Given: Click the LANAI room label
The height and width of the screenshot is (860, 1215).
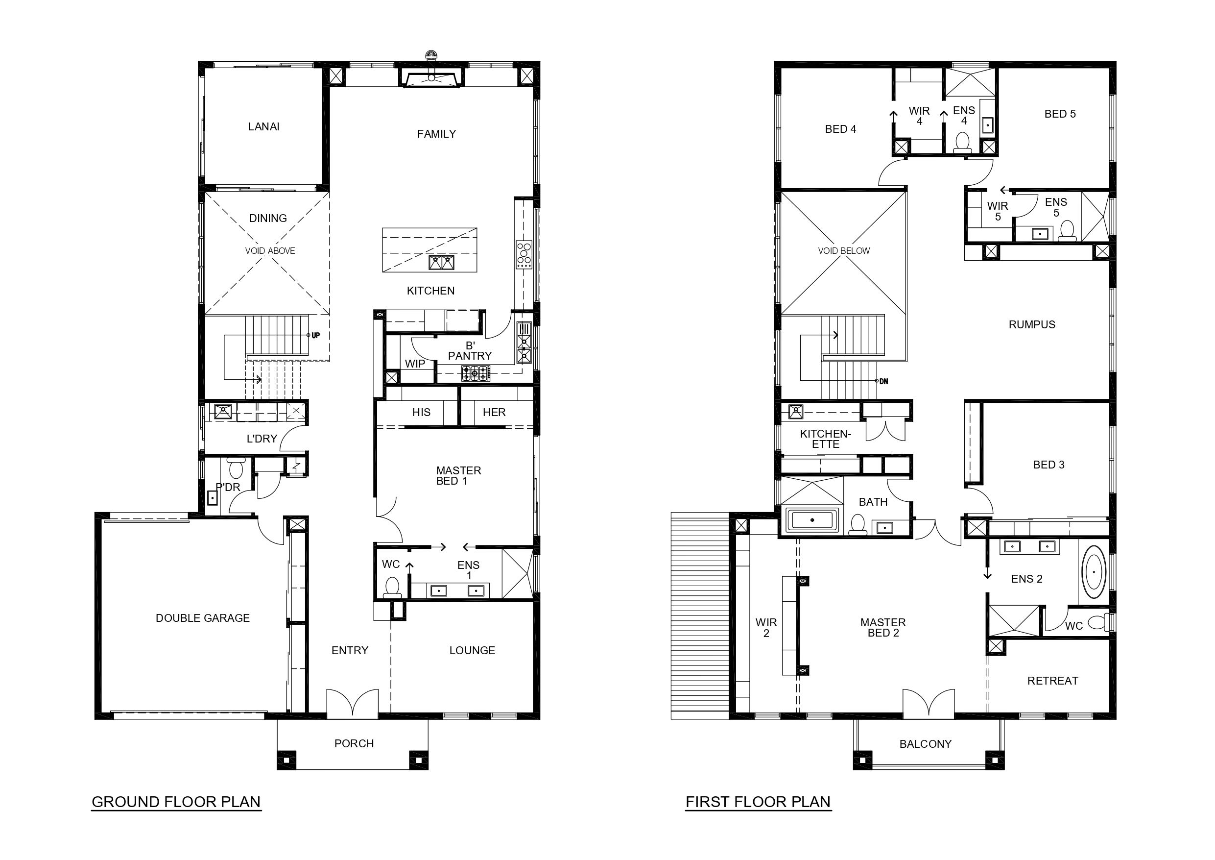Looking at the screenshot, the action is pyautogui.click(x=263, y=126).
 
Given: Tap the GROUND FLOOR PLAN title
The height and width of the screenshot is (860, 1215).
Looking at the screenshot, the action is pyautogui.click(x=176, y=802).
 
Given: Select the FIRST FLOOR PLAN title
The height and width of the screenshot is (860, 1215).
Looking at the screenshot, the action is pyautogui.click(x=758, y=802).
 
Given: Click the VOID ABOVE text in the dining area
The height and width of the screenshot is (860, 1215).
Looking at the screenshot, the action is pyautogui.click(x=270, y=251).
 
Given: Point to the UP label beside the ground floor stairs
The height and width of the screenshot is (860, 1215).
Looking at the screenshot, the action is pyautogui.click(x=315, y=335).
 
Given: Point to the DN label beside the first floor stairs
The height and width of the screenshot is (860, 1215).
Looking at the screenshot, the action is pyautogui.click(x=884, y=381).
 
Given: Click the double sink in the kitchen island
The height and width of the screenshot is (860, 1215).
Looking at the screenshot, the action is pyautogui.click(x=441, y=262).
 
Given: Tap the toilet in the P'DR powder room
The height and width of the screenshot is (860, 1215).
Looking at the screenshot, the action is pyautogui.click(x=236, y=468).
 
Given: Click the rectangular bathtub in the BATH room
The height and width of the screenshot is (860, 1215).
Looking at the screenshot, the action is pyautogui.click(x=812, y=520).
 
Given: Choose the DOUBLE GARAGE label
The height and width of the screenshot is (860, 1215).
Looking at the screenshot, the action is pyautogui.click(x=203, y=618).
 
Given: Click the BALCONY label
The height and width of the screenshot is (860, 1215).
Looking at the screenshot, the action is pyautogui.click(x=926, y=744).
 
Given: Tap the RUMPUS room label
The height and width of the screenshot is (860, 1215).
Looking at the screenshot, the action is pyautogui.click(x=1032, y=324).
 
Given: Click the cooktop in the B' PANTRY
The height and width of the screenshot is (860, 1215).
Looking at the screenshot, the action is pyautogui.click(x=476, y=373).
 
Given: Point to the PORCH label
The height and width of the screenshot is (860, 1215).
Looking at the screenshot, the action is pyautogui.click(x=354, y=743).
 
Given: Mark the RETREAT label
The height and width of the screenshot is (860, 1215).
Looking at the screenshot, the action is pyautogui.click(x=1052, y=681).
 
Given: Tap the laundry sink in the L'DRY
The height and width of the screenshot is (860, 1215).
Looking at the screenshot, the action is pyautogui.click(x=223, y=411).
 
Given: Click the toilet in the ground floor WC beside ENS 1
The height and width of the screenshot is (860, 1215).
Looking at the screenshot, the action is pyautogui.click(x=392, y=587).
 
